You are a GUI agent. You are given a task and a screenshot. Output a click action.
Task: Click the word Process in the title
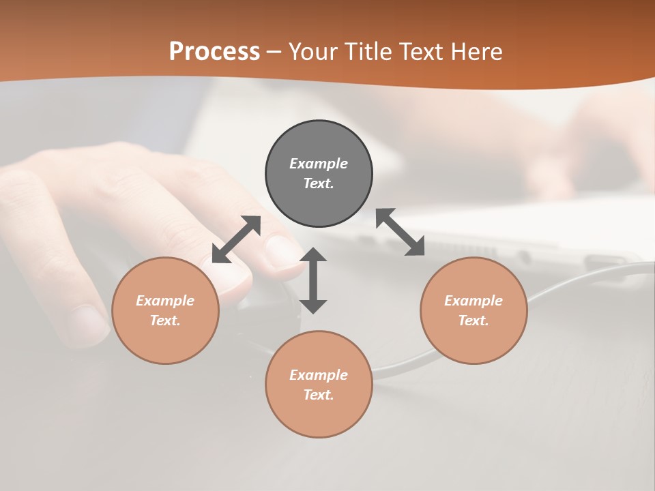pos(214,51)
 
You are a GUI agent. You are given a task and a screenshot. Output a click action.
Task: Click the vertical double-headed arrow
pos(313,280)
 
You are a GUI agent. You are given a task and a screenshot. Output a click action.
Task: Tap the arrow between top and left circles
pos(236,239)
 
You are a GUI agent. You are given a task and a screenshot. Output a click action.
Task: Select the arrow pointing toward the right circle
pos(400,232)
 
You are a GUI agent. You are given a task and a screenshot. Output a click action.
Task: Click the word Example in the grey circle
pos(319,164)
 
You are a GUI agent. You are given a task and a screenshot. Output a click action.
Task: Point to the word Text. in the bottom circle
pos(319,395)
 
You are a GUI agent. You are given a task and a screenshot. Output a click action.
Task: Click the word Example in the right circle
pos(474,301)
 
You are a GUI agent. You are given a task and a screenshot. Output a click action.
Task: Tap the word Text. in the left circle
pos(165,321)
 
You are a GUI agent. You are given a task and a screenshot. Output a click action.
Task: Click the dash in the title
pos(274,52)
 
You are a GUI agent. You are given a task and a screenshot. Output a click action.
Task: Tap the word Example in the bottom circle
pos(319,375)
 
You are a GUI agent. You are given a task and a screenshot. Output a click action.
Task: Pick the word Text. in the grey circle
pos(319,183)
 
